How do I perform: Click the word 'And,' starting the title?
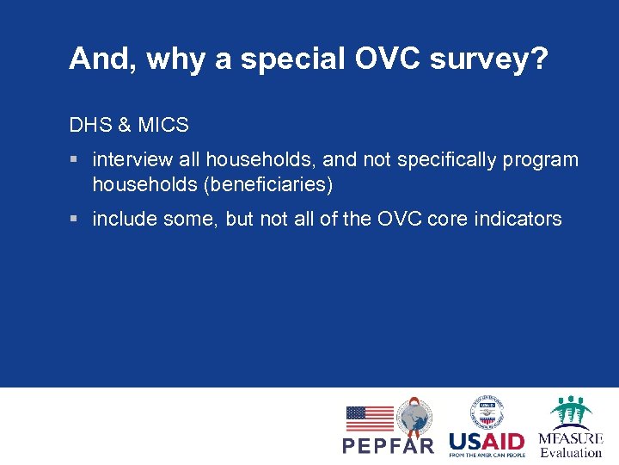coord(101,59)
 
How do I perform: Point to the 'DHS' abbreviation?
coord(89,125)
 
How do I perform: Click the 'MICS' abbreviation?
coord(162,125)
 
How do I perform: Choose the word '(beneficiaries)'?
coord(274,184)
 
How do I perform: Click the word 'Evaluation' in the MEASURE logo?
coord(571,451)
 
